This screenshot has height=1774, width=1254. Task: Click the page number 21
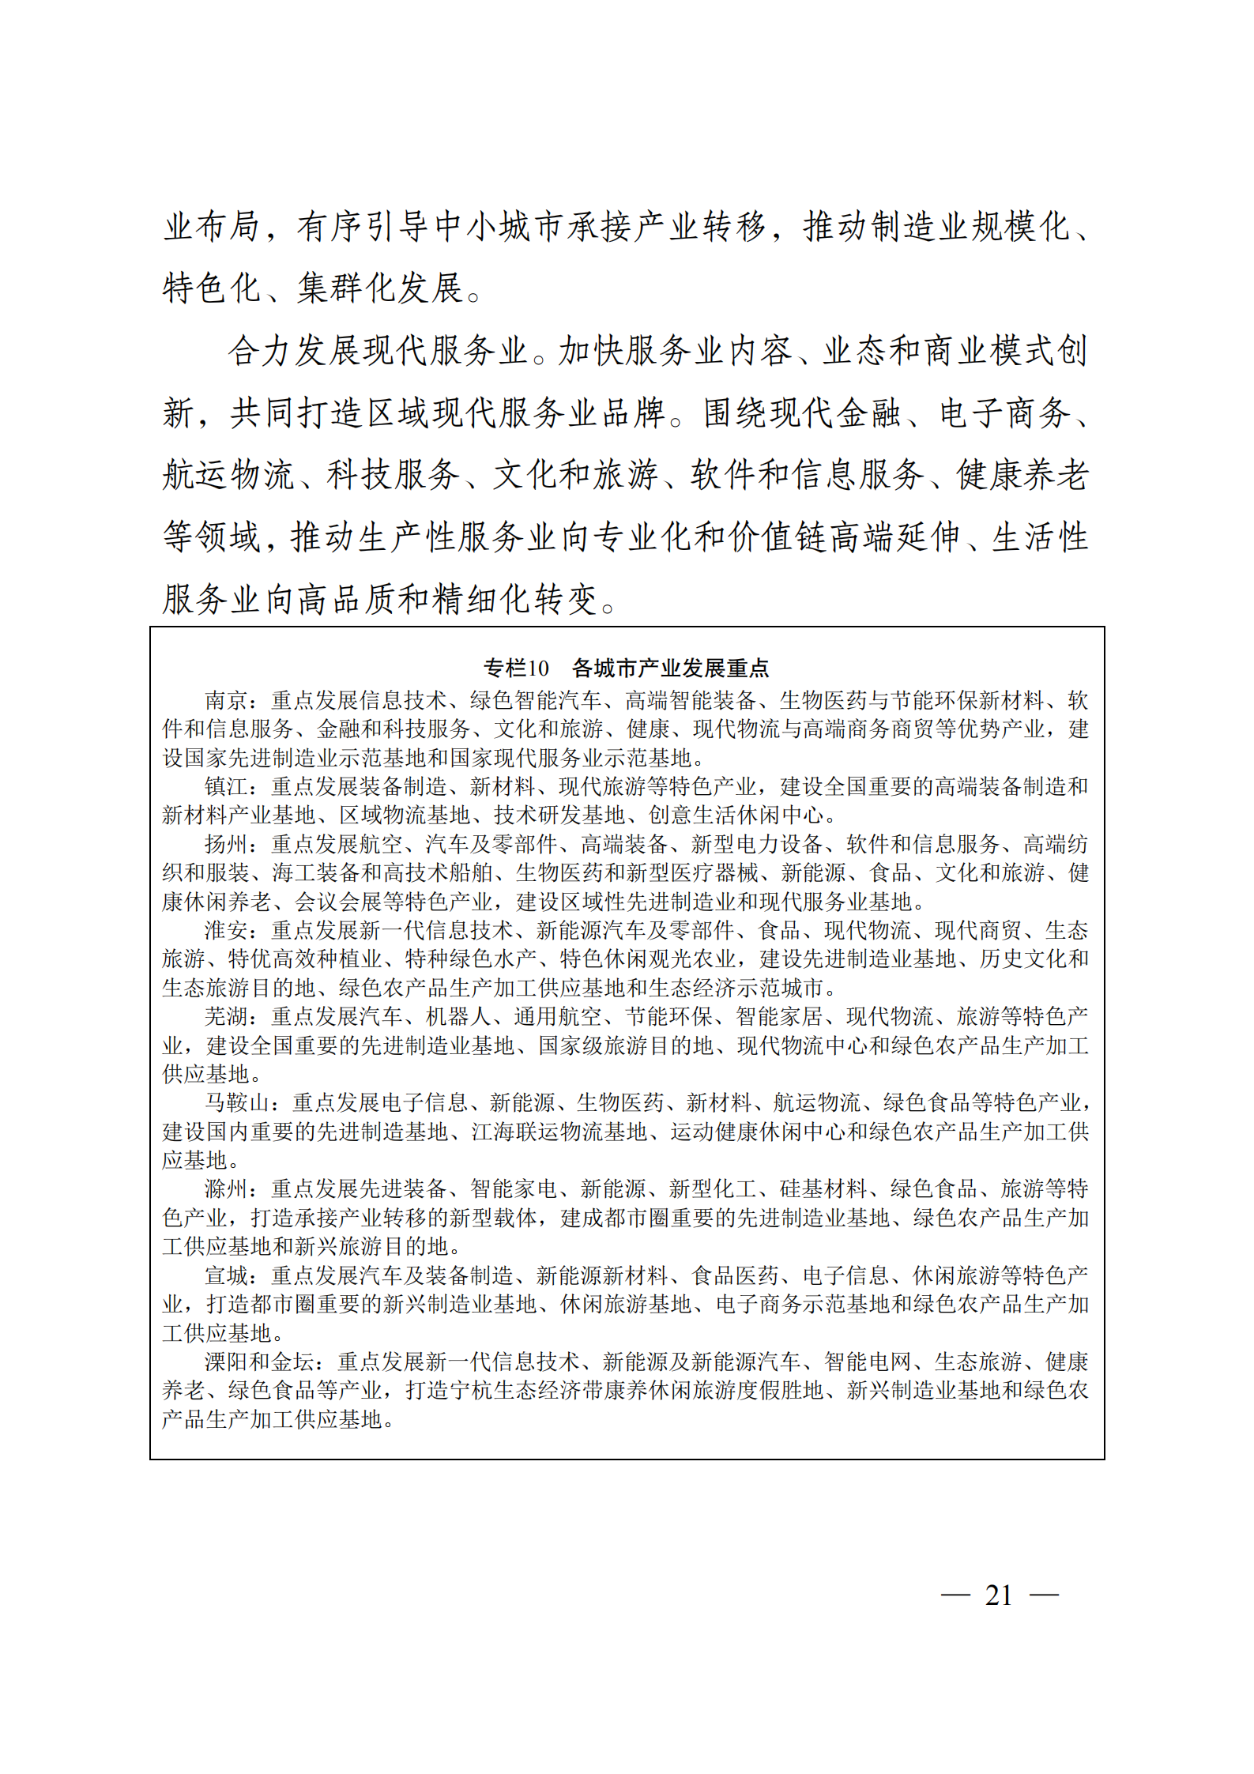999,1595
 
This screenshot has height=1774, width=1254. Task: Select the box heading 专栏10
516,668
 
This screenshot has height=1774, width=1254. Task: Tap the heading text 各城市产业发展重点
670,668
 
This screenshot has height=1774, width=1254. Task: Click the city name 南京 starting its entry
226,700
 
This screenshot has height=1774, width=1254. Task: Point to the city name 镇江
226,786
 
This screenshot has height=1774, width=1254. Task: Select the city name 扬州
226,844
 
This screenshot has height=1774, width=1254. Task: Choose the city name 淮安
226,930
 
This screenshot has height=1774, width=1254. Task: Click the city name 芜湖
226,1016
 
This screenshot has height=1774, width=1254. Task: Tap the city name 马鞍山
237,1102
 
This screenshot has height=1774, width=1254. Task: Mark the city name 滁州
226,1188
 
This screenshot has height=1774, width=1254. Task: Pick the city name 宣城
226,1275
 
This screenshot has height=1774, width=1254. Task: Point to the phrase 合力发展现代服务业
378,351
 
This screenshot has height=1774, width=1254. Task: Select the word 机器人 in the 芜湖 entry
458,1016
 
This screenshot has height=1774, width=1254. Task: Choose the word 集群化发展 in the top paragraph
380,288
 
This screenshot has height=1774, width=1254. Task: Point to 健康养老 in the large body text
1022,475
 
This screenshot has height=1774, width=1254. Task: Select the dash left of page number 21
955,1595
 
